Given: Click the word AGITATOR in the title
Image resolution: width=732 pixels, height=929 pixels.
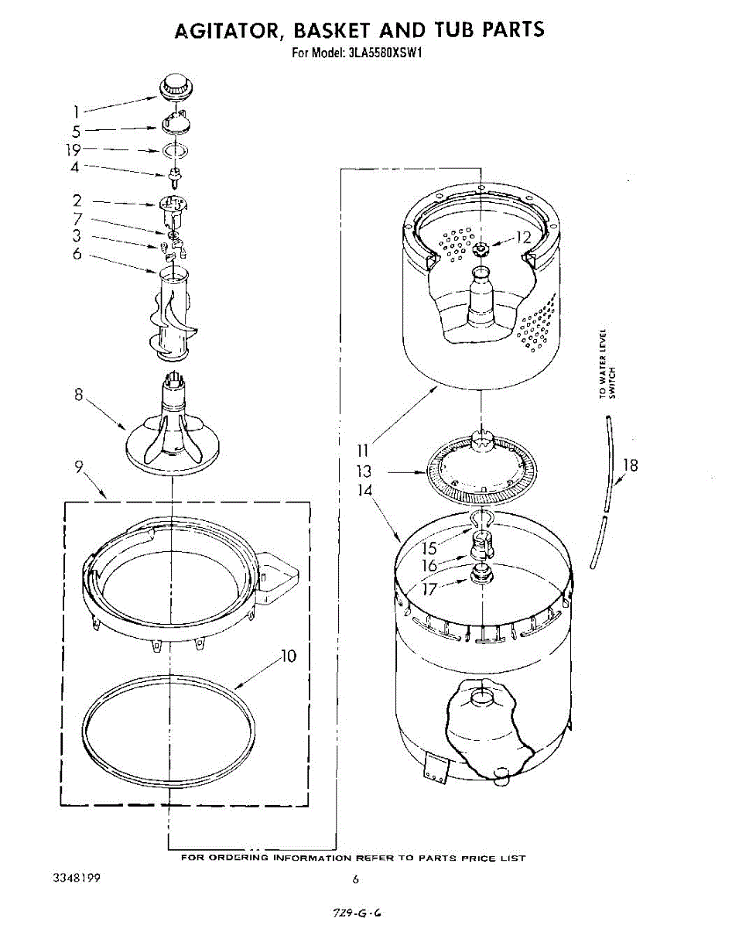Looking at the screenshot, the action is pyautogui.click(x=224, y=30).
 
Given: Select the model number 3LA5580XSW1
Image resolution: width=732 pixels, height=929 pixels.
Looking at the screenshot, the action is pyautogui.click(x=382, y=53).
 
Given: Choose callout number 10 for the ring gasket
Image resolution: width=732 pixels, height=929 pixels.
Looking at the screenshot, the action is pyautogui.click(x=288, y=657).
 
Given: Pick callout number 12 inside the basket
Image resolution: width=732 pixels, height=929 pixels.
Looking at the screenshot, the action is pyautogui.click(x=524, y=238).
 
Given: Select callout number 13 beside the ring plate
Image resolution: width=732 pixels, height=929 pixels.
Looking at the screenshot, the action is pyautogui.click(x=364, y=471).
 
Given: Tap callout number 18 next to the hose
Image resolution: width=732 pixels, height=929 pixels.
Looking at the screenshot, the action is pyautogui.click(x=631, y=465).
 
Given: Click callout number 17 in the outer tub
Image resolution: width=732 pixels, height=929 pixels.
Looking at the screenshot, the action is pyautogui.click(x=428, y=588).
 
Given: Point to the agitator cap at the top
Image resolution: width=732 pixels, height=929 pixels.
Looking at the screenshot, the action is pyautogui.click(x=176, y=87).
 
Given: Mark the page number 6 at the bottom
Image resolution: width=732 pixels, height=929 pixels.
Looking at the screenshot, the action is pyautogui.click(x=356, y=879).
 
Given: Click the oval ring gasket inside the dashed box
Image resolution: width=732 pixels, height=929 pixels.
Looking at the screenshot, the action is pyautogui.click(x=169, y=720).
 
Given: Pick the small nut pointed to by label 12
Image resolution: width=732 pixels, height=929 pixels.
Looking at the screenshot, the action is pyautogui.click(x=481, y=249).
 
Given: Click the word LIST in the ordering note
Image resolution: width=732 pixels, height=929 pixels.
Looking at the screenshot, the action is pyautogui.click(x=513, y=858).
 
